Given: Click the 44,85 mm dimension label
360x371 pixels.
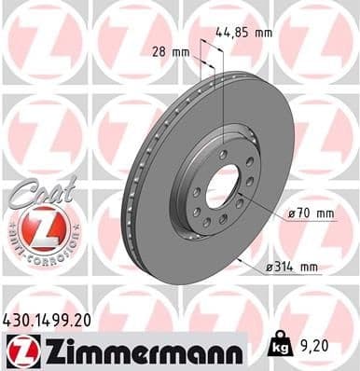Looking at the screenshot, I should pyautogui.click(x=245, y=32).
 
